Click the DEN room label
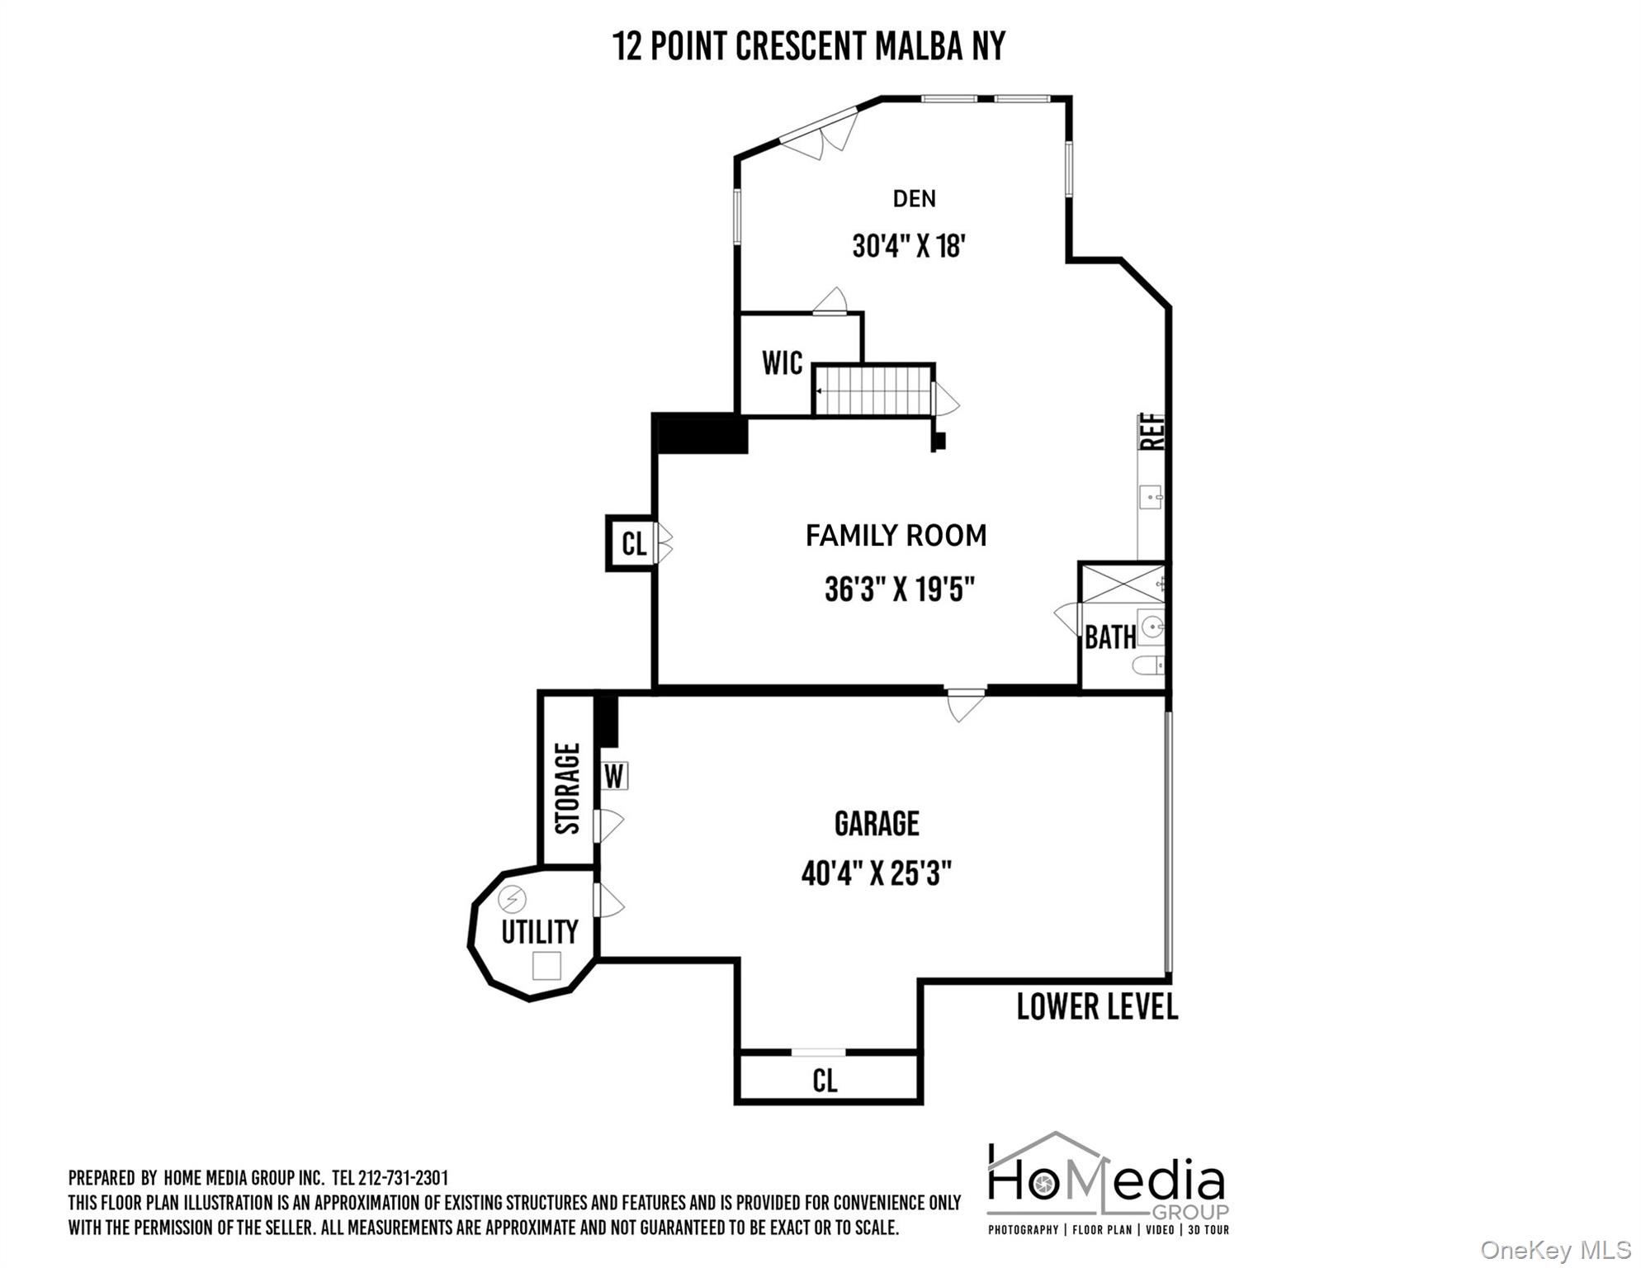(914, 198)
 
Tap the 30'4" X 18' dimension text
(909, 246)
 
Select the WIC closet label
(782, 362)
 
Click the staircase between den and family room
(873, 390)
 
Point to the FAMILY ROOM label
(896, 536)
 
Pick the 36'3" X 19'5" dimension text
(900, 589)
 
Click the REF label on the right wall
(1152, 431)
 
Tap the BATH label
(1110, 637)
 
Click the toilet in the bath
(1148, 665)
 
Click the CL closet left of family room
(633, 544)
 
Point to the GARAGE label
(877, 824)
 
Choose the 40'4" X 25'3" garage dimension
(877, 873)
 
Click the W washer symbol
(614, 777)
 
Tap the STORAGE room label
(567, 788)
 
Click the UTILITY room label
(540, 932)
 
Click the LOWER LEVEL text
(1097, 1007)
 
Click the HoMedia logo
(1108, 1183)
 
